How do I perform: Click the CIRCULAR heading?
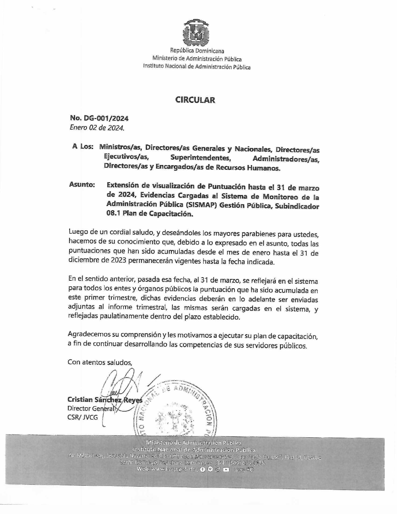coord(195,100)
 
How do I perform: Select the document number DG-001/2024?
coord(106,118)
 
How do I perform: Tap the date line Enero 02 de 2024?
coord(97,128)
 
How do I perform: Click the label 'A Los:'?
coord(83,147)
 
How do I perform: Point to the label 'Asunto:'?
coord(82,185)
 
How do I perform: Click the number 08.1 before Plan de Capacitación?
coord(113,214)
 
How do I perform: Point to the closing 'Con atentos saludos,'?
coord(100,362)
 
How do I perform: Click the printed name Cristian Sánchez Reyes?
coord(105,400)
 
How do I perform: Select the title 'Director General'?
coord(91,408)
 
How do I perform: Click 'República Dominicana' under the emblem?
coord(197,51)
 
